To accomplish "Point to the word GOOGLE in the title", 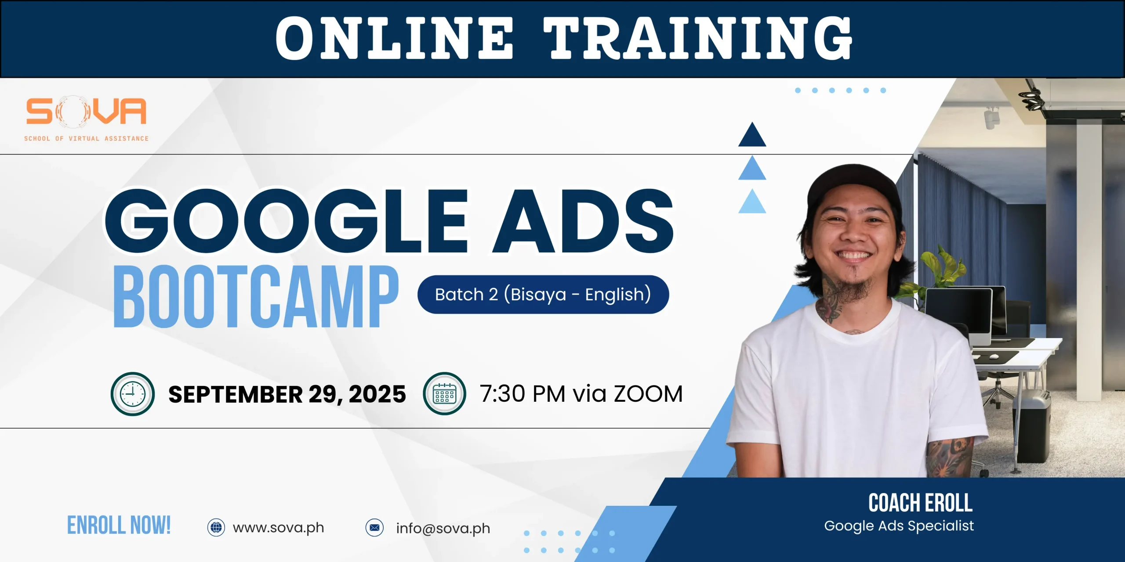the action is click(286, 221).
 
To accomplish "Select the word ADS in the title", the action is click(583, 221).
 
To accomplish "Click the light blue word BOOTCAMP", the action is click(256, 296).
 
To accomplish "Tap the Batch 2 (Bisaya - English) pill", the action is click(543, 294).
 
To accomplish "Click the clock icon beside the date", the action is click(133, 394).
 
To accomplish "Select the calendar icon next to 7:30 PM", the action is click(444, 393).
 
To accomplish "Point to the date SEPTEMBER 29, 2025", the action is click(287, 394).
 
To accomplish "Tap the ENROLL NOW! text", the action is click(119, 525).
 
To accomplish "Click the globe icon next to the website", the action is click(216, 527).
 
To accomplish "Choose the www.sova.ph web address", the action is click(279, 527).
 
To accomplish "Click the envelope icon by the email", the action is click(374, 527).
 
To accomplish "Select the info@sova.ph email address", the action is click(443, 528).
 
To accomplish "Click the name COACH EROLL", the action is click(920, 503).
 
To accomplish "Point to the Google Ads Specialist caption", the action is click(899, 526).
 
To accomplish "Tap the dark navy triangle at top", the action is click(752, 134).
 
